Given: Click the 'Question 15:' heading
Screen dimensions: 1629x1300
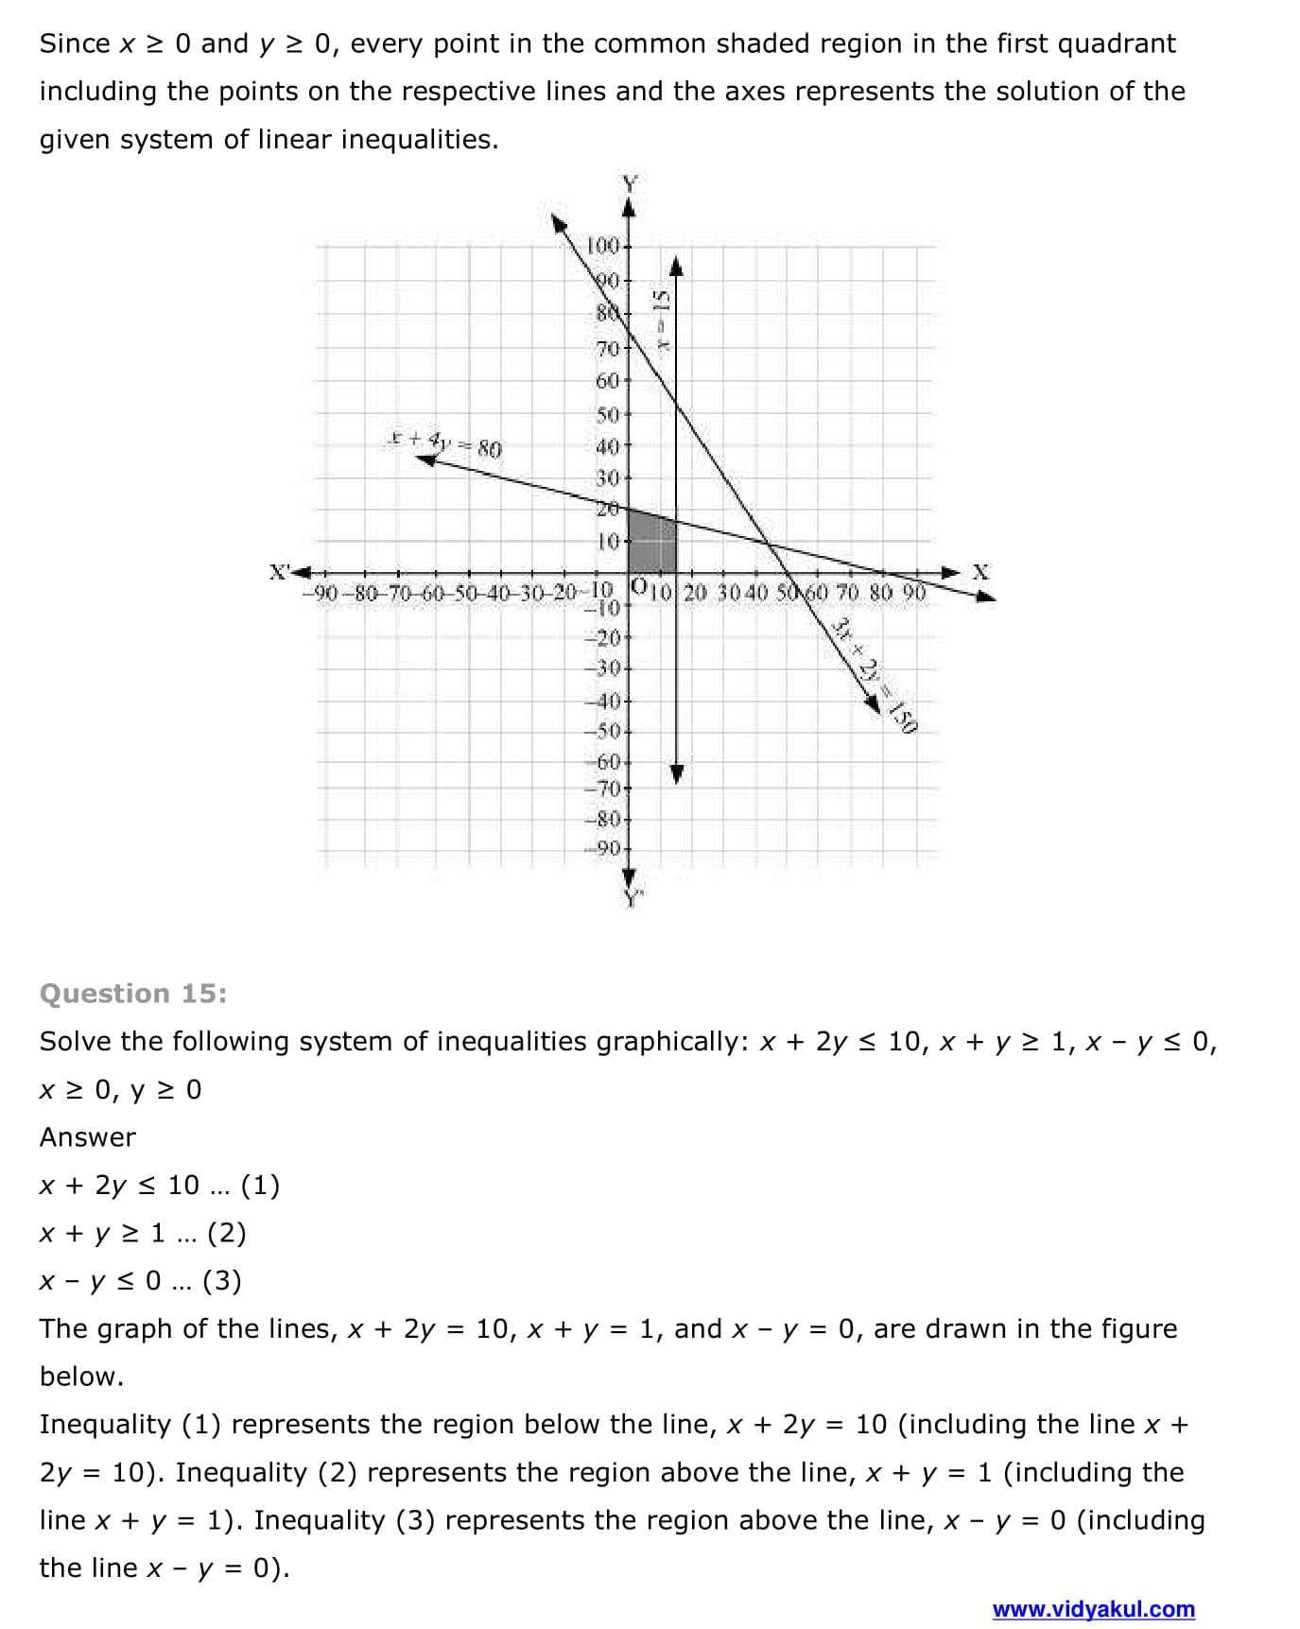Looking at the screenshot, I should (133, 993).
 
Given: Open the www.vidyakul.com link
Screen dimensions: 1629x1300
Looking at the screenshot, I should (1093, 1608).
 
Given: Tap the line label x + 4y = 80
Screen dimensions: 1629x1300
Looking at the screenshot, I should (444, 442).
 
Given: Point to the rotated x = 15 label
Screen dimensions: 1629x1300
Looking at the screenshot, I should (662, 321).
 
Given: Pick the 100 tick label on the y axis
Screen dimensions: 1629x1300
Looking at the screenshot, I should (602, 246).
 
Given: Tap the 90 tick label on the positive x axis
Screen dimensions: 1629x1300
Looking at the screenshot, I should (912, 593).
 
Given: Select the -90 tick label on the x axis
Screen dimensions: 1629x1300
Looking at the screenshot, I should (320, 594).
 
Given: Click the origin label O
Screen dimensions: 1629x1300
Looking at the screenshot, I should (639, 586).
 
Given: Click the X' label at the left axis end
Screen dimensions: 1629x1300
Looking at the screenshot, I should (279, 572).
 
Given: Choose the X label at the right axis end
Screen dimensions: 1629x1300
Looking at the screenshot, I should (980, 572).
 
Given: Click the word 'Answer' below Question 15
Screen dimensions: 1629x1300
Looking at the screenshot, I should (87, 1136).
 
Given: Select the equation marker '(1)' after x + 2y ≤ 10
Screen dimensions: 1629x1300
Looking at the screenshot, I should (260, 1185).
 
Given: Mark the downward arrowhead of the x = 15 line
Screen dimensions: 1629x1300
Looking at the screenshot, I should (676, 772).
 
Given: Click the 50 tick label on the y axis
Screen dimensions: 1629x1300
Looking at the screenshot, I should (606, 414).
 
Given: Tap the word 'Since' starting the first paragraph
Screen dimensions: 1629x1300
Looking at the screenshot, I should (75, 43).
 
